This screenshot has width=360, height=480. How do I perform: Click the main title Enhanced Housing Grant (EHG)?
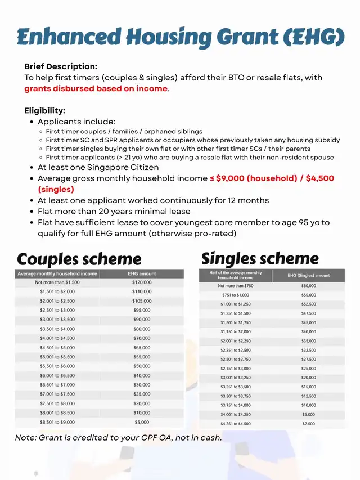click(x=180, y=37)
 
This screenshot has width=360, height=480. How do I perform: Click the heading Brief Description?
click(x=61, y=66)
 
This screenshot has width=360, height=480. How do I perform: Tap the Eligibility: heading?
click(x=44, y=110)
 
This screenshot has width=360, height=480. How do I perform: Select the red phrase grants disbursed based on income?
click(x=96, y=88)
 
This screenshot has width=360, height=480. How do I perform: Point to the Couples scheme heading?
click(x=79, y=259)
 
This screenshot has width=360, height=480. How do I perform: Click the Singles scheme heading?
click(x=260, y=258)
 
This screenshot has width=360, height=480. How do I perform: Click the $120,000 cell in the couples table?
click(x=142, y=282)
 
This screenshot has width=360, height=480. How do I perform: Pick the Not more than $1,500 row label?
click(x=57, y=282)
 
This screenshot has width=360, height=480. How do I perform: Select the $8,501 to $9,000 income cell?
click(x=57, y=422)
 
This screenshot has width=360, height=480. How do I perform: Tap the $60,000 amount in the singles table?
click(x=309, y=286)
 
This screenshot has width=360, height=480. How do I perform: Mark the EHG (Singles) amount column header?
click(x=309, y=275)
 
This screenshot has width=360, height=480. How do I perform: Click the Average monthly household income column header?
click(x=57, y=273)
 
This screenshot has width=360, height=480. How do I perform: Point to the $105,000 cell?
click(x=142, y=301)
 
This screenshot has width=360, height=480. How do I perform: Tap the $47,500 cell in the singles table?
click(x=309, y=313)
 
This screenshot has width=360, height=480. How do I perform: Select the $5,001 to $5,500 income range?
click(x=57, y=357)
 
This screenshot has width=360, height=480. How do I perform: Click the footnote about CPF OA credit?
click(x=119, y=438)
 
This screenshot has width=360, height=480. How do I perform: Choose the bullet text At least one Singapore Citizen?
click(x=98, y=167)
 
